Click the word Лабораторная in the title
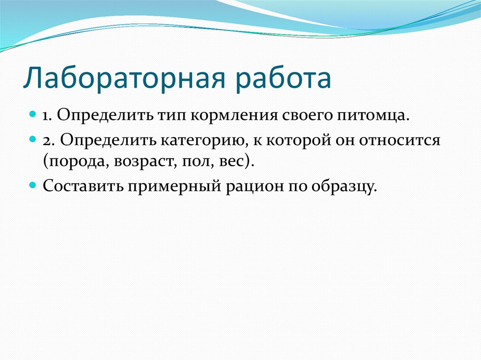(124, 78)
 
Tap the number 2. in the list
(49, 140)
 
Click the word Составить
(83, 186)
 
